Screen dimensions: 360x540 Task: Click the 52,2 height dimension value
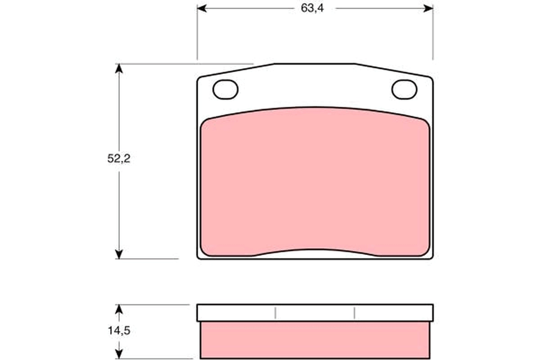coord(118,159)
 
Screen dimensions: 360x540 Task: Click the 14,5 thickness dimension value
coord(118,330)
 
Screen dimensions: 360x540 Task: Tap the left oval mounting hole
coord(225,90)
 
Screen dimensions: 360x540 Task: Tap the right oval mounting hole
coord(404,90)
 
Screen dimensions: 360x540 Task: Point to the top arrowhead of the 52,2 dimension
coord(118,68)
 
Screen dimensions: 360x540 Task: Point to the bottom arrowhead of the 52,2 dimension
coord(118,254)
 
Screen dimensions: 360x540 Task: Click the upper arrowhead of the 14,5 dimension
coord(118,309)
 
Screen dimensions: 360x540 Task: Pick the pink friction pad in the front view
coord(315,180)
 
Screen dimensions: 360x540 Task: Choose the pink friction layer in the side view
coord(315,340)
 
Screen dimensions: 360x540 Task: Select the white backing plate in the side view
coord(315,313)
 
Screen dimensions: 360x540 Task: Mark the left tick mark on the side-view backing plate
coord(275,313)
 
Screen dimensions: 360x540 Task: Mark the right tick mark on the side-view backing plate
coord(355,313)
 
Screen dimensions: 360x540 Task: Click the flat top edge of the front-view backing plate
coord(315,64)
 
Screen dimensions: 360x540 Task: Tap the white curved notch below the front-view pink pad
coord(315,253)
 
